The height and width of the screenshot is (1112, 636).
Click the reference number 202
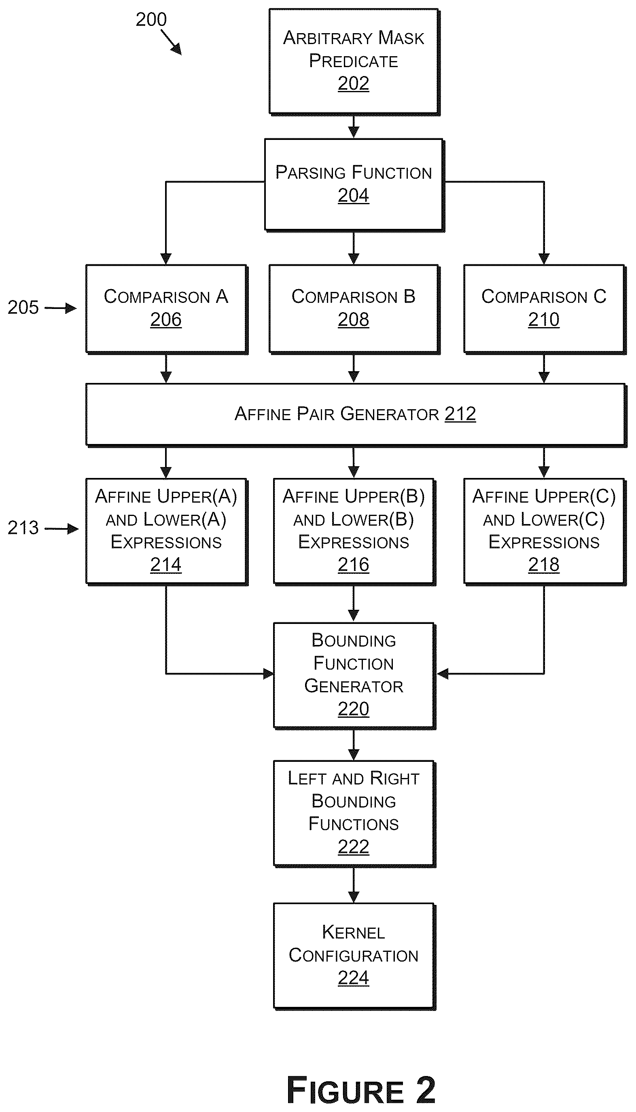click(x=353, y=83)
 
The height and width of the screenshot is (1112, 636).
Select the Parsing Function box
click(x=354, y=185)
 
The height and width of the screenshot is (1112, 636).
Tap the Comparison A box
click(x=166, y=309)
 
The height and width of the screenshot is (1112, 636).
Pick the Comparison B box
click(x=354, y=309)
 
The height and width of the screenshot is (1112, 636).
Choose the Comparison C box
click(x=545, y=309)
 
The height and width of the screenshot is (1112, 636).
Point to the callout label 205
click(x=23, y=307)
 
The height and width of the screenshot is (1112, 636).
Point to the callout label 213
click(x=23, y=528)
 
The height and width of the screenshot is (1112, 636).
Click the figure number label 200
click(x=151, y=20)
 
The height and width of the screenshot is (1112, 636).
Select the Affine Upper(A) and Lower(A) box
click(x=166, y=531)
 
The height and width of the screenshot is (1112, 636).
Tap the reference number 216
click(x=353, y=564)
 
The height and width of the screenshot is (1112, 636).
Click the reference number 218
click(x=544, y=564)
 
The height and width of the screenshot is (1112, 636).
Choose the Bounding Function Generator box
click(x=354, y=676)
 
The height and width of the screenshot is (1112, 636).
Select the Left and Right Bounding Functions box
click(x=354, y=814)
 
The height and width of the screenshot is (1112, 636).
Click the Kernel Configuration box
click(x=354, y=956)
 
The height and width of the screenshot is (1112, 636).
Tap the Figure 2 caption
click(x=361, y=1090)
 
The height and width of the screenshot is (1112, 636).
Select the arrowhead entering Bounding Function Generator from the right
click(x=443, y=674)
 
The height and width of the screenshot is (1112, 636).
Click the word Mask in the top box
click(x=401, y=38)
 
